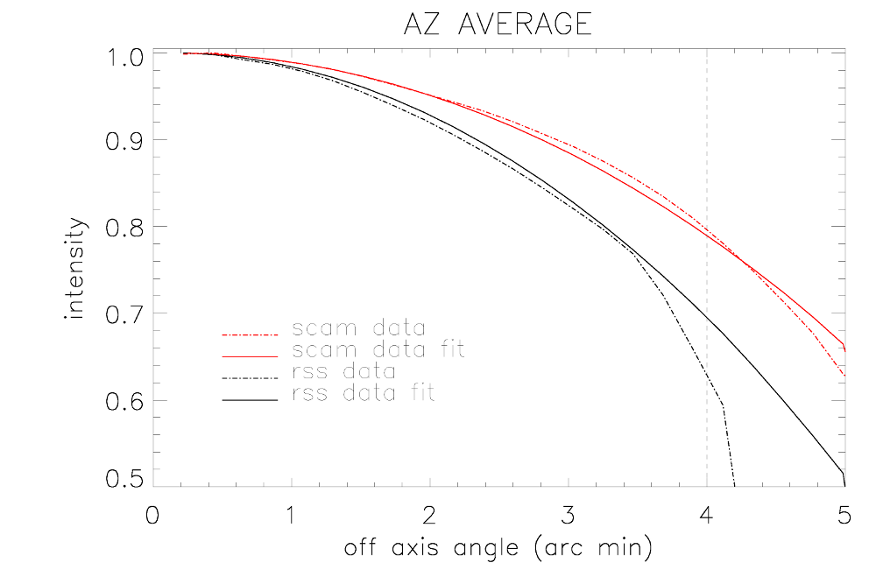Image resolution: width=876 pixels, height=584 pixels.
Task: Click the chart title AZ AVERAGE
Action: pyautogui.click(x=497, y=24)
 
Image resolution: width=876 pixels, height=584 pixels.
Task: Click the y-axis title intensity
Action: pyautogui.click(x=77, y=269)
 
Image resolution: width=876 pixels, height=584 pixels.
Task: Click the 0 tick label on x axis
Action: pyautogui.click(x=152, y=517)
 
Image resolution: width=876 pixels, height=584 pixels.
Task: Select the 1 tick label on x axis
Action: pyautogui.click(x=290, y=517)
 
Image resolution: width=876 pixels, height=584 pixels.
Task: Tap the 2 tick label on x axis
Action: pyautogui.click(x=429, y=517)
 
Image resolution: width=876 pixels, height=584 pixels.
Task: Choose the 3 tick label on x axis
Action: pyautogui.click(x=568, y=517)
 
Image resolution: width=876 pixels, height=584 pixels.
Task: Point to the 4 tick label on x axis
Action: pyautogui.click(x=706, y=517)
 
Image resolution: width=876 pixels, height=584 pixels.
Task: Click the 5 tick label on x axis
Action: pyautogui.click(x=844, y=517)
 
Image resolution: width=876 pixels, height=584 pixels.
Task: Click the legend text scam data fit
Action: pyautogui.click(x=378, y=350)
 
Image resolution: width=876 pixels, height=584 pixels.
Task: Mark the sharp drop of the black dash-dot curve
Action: pyautogui.click(x=728, y=442)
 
